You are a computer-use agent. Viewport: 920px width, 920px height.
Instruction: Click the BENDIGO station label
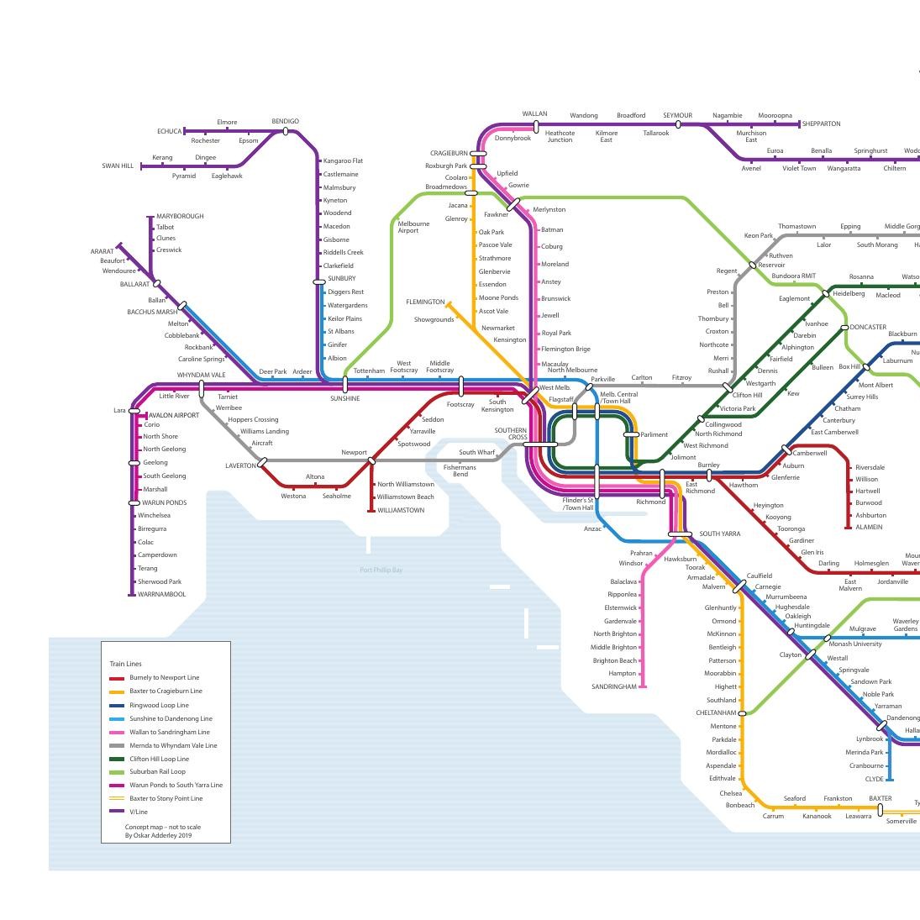click(x=285, y=122)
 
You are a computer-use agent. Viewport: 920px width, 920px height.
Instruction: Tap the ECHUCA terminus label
click(x=169, y=132)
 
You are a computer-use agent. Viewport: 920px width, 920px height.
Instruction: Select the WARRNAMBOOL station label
click(x=161, y=595)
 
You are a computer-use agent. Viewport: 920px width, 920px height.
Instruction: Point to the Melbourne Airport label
click(x=413, y=227)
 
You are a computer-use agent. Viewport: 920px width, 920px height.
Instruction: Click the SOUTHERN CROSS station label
click(x=511, y=434)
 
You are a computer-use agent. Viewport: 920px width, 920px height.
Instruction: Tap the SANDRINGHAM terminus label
click(x=613, y=687)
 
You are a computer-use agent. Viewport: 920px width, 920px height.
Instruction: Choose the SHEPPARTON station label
click(x=821, y=124)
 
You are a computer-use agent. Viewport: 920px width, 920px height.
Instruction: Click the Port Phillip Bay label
click(x=381, y=570)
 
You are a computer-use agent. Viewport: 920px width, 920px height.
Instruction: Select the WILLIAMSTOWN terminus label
click(x=401, y=511)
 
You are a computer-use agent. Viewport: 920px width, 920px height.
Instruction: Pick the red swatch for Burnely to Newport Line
click(x=117, y=678)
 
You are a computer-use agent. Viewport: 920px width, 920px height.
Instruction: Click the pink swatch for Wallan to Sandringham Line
click(x=117, y=732)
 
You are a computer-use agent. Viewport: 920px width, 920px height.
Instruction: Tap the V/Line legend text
click(x=139, y=812)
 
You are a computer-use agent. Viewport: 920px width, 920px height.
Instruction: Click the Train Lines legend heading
click(x=125, y=664)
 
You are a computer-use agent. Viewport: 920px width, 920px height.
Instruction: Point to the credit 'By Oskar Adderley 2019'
click(x=158, y=836)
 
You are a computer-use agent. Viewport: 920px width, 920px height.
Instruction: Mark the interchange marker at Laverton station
click(x=262, y=462)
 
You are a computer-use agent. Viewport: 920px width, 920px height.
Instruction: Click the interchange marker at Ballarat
click(x=157, y=284)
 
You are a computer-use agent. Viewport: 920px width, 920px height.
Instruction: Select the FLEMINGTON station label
click(x=425, y=302)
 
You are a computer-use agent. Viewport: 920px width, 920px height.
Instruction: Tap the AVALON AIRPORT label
click(x=174, y=415)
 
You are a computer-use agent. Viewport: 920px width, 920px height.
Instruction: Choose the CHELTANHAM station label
click(x=716, y=713)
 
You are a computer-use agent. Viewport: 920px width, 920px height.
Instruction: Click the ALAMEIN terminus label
click(x=869, y=528)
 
